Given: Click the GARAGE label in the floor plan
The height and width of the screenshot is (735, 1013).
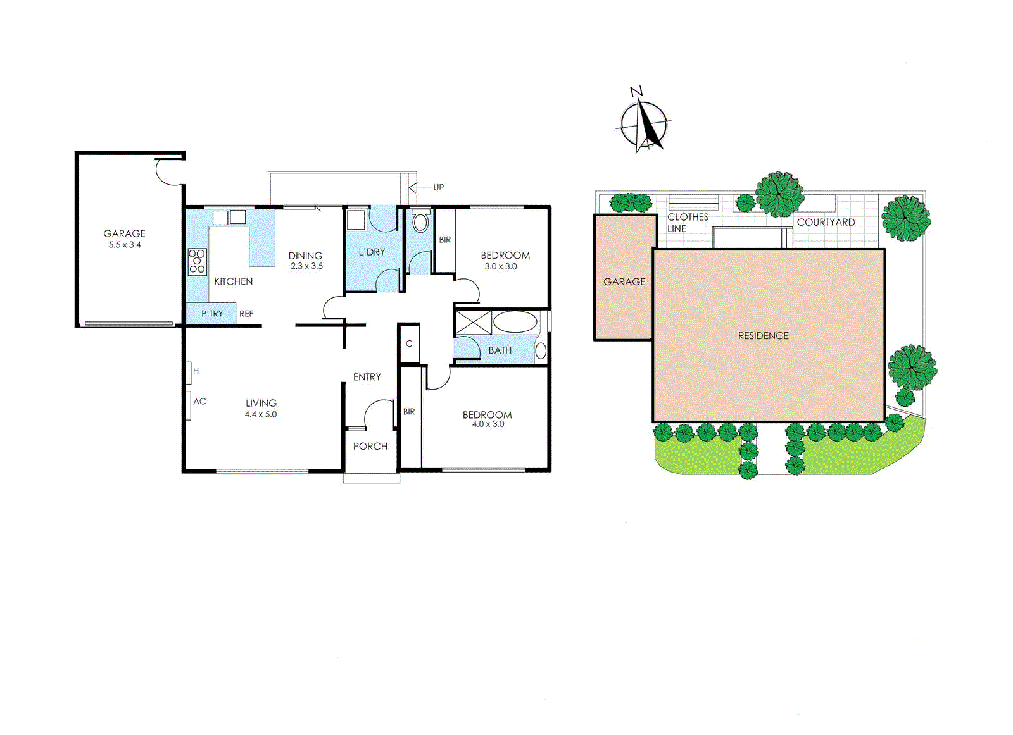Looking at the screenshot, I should (124, 233).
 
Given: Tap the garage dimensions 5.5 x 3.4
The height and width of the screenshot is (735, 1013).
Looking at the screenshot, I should (124, 245).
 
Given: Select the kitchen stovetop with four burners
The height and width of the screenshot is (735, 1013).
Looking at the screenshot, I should (197, 261).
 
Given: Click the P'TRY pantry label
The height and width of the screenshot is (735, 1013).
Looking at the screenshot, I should (212, 314).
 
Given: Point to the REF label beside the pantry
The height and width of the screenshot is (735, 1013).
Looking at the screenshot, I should (246, 314).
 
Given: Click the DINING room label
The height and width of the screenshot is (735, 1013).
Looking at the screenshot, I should (305, 256).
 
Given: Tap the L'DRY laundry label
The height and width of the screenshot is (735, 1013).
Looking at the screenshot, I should (372, 252).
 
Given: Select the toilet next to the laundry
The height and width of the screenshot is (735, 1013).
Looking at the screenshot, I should (420, 222).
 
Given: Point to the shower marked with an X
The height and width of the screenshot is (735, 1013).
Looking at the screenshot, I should (473, 322).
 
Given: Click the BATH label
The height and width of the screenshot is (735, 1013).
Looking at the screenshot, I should (500, 350).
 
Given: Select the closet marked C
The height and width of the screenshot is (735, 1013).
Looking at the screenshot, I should (409, 343).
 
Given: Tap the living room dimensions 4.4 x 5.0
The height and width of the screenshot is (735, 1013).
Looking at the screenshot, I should (260, 414).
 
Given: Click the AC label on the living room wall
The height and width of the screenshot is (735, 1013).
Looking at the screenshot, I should (199, 401).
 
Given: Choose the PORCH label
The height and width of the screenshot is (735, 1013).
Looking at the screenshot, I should (370, 446).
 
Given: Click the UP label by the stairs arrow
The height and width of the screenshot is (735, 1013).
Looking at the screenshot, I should (438, 187).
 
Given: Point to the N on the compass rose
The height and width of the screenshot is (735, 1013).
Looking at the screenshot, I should (636, 92).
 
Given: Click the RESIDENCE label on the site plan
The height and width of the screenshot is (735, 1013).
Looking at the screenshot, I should (763, 336).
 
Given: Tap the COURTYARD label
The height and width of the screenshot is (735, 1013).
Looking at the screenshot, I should (826, 222).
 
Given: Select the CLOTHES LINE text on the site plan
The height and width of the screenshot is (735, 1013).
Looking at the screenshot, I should (687, 222).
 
